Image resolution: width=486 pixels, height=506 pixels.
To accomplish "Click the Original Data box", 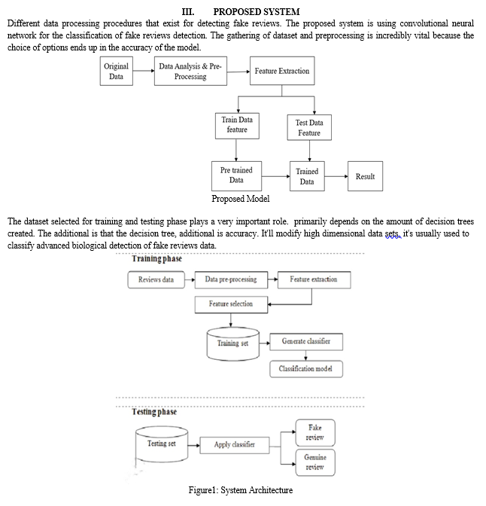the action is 117,71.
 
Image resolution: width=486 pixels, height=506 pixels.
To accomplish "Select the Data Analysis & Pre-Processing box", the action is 190,71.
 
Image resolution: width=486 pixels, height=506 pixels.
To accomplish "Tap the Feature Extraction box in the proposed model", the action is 282,71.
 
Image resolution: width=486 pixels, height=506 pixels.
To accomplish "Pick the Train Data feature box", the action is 237,126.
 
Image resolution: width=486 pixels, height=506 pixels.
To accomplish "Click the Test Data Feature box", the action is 309,127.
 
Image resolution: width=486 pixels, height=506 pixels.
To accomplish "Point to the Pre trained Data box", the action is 236,176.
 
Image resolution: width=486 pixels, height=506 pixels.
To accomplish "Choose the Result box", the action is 366,176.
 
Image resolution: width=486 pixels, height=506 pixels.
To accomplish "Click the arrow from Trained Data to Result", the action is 336,176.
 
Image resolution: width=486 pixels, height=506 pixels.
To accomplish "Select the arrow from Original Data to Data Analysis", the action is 144,71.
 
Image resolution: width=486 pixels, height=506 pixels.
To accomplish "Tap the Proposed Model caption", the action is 241,199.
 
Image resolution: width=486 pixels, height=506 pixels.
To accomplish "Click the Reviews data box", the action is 156,280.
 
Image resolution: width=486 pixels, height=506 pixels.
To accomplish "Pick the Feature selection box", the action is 231,304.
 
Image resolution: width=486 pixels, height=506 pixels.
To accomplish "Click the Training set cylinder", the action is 232,344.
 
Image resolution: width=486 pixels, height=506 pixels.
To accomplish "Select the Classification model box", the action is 306,369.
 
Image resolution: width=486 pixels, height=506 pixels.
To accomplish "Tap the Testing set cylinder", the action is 162,444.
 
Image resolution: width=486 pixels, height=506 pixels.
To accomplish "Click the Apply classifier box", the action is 235,445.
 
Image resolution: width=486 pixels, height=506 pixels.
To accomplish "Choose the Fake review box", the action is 315,433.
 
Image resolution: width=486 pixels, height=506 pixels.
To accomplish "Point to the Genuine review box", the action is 315,462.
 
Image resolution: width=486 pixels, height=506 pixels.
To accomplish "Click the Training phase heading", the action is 157,259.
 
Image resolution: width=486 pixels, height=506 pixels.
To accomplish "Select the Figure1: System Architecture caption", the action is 241,490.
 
